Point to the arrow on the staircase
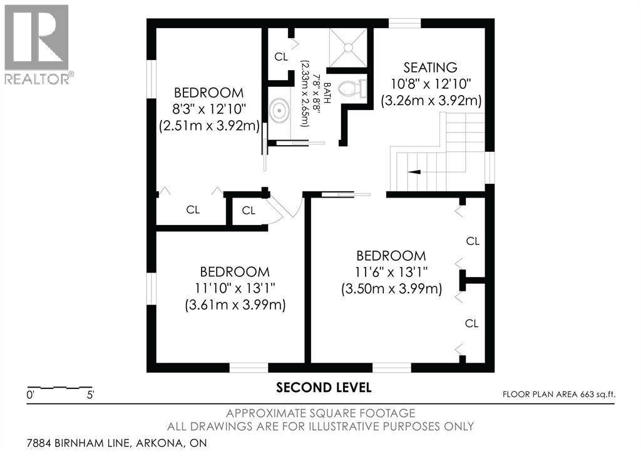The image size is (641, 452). coord(414,170)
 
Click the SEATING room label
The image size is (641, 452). coord(430,68)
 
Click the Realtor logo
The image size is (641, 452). coord(37,44)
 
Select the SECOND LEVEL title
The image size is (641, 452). coord(324,388)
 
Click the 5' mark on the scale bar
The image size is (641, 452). coord(91,395)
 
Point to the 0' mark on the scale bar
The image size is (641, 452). coord(29,395)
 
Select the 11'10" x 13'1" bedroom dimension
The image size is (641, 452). coord(234,289)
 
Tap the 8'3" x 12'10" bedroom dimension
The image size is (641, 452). coord(208,109)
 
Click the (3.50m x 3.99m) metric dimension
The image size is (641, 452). coord(391,289)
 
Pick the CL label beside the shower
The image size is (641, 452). coord(281,57)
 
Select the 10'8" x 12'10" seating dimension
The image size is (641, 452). coord(430,84)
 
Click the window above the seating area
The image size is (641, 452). coord(404,24)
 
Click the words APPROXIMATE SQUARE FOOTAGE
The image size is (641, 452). coord(320,413)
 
